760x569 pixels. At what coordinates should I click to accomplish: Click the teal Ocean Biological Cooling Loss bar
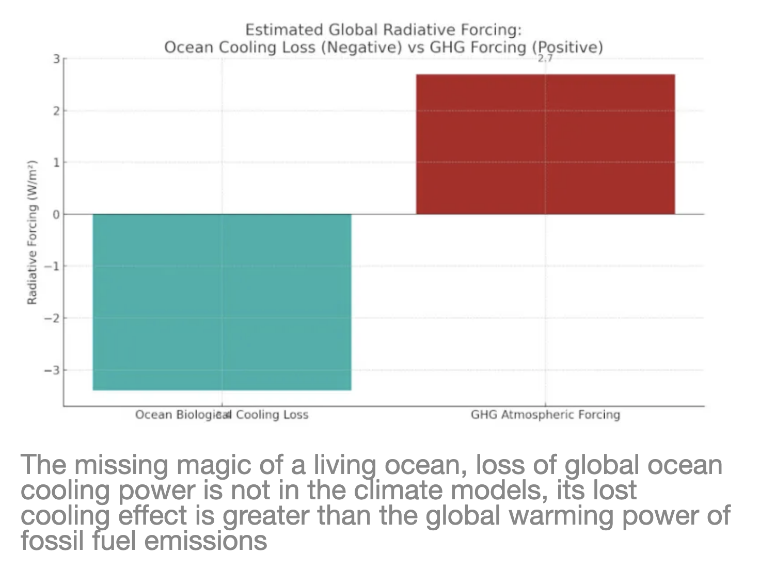tap(222, 302)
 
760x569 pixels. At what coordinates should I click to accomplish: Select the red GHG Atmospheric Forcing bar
tap(545, 144)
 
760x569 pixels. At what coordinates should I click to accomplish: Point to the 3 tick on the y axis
tap(56, 59)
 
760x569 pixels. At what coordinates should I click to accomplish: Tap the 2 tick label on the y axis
tap(56, 111)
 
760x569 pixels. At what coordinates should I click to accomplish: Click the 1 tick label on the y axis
tap(56, 163)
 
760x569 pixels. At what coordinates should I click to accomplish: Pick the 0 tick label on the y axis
tap(56, 214)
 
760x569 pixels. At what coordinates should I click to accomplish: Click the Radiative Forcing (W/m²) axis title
tap(32, 232)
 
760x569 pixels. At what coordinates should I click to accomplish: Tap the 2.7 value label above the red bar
tap(545, 59)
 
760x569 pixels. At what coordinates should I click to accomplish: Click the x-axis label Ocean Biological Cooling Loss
tap(221, 415)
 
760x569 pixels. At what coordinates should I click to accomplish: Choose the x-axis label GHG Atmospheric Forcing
tap(545, 415)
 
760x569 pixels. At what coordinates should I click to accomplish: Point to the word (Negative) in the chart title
tap(361, 48)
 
